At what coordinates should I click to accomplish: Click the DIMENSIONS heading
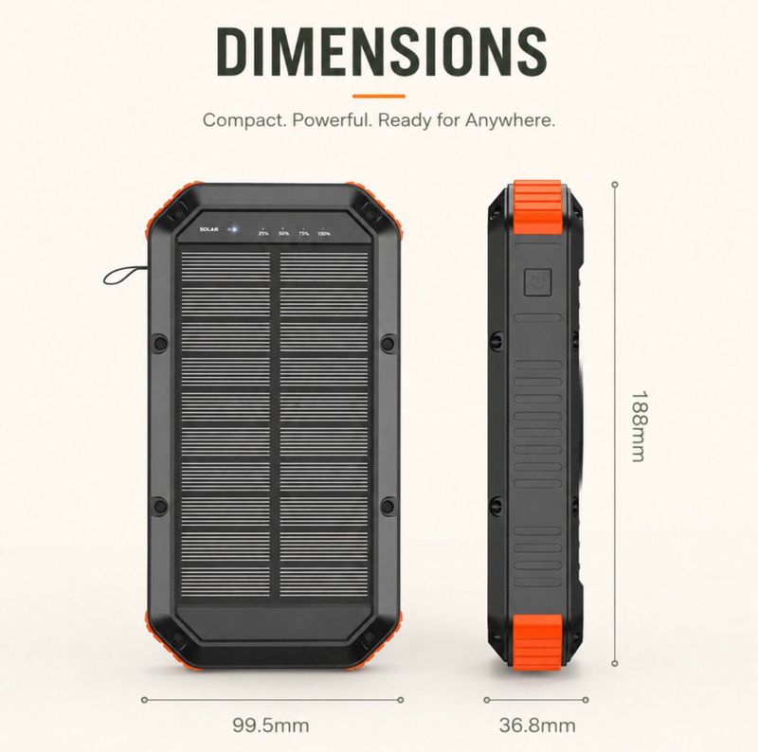[382, 52]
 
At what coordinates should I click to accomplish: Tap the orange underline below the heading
[378, 97]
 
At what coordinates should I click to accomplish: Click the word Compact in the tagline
[244, 120]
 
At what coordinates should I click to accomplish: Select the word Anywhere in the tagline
[510, 120]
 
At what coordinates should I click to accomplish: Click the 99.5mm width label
[271, 725]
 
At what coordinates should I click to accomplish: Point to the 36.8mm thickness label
[537, 725]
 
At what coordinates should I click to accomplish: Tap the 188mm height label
[639, 426]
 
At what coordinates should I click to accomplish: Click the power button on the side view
[537, 281]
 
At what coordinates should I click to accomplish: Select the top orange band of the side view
[537, 208]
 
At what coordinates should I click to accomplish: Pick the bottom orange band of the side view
[537, 641]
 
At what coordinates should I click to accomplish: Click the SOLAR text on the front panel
[208, 229]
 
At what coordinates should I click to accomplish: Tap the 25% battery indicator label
[263, 233]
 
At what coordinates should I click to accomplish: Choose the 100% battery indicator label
[324, 233]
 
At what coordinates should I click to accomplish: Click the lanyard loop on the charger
[123, 276]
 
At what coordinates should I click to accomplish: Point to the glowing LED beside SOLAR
[233, 229]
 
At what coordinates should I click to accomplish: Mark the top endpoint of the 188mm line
[615, 185]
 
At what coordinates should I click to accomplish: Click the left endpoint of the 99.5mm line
[144, 700]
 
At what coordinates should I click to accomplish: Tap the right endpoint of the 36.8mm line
[586, 700]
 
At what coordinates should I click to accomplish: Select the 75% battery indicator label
[303, 233]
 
